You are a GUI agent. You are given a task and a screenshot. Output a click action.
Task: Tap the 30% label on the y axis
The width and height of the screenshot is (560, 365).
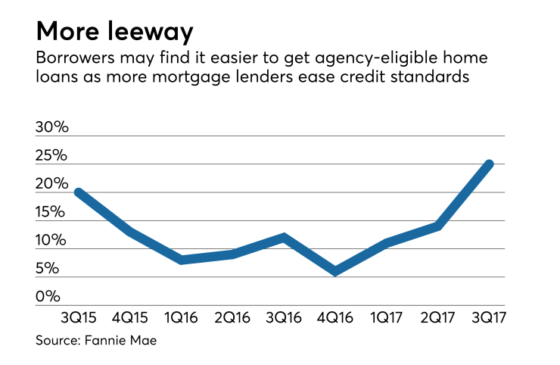click(52, 128)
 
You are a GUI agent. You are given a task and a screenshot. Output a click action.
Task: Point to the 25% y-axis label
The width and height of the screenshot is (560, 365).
click(52, 157)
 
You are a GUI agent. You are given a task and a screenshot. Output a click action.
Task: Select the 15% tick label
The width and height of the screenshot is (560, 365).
click(52, 213)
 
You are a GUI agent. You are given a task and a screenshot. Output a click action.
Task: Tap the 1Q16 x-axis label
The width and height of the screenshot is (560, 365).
click(181, 315)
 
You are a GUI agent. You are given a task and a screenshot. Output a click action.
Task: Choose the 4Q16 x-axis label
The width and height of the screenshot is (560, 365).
click(334, 315)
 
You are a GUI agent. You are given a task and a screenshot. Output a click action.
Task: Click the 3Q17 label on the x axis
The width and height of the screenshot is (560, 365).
click(490, 315)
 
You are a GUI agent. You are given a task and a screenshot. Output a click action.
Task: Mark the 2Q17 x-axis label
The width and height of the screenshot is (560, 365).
click(438, 315)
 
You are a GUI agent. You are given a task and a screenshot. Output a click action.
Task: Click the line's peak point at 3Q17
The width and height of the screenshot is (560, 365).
click(490, 164)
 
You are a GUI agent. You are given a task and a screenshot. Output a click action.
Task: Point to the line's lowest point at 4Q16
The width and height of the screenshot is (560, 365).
click(334, 271)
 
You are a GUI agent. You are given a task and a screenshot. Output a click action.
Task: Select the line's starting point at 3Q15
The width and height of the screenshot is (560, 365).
click(76, 192)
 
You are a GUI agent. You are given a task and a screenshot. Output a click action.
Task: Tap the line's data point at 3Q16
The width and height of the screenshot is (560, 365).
click(283, 237)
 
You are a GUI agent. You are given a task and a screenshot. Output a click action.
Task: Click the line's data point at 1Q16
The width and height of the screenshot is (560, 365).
click(181, 260)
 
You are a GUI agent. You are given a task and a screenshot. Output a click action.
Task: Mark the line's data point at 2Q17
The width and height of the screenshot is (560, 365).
click(438, 226)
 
